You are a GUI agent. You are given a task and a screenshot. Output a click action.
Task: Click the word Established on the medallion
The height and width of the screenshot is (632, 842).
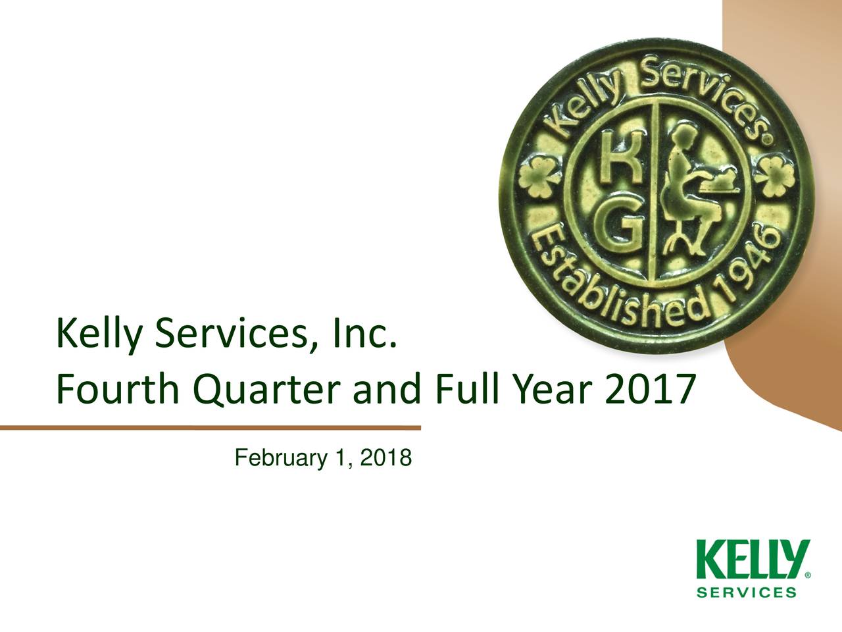618,290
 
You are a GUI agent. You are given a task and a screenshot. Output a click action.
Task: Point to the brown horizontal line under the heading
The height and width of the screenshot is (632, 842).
210,428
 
